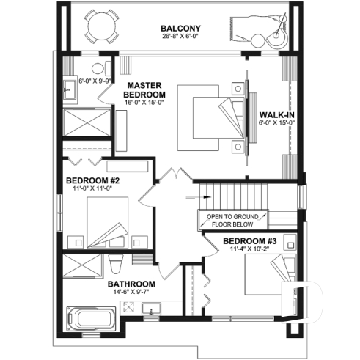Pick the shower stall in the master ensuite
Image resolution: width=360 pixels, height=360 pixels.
coord(87,122)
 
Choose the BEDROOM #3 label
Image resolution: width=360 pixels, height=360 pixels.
coord(249,241)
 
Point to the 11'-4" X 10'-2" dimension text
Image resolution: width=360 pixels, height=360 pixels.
coord(249,250)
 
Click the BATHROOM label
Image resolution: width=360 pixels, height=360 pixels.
coord(131,284)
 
